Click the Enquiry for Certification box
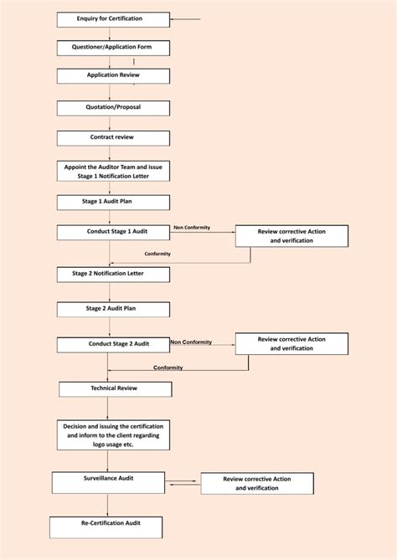(x=114, y=19)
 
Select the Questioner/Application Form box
(x=114, y=48)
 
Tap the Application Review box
(x=114, y=75)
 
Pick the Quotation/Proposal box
(x=114, y=107)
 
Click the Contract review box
(x=114, y=138)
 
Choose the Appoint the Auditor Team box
(x=114, y=172)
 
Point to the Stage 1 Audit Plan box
(x=114, y=203)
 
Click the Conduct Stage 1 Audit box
(x=114, y=232)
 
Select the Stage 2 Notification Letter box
(x=114, y=275)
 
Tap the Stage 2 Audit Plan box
(x=114, y=309)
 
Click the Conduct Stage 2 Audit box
(x=114, y=344)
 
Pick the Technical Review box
(x=115, y=389)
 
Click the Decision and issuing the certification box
(x=114, y=434)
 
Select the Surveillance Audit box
(x=108, y=482)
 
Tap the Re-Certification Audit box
(x=106, y=527)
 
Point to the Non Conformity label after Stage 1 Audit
(x=192, y=228)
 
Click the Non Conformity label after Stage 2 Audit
(x=191, y=342)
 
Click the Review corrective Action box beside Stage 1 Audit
(x=291, y=236)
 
